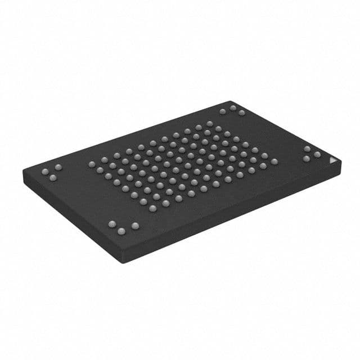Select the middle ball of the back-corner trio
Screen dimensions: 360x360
coord(232,107)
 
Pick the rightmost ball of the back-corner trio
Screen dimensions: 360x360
coord(241,113)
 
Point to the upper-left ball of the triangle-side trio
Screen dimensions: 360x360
coord(307,149)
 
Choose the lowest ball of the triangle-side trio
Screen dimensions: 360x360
coord(306,159)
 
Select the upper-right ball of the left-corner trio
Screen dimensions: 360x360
coord(58,167)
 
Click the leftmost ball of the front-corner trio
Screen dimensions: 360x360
coord(111,224)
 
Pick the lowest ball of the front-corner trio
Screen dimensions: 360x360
coord(121,231)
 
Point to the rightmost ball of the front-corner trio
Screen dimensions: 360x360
coord(135,226)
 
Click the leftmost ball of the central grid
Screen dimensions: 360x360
coord(92,164)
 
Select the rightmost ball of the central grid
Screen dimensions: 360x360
coord(274,161)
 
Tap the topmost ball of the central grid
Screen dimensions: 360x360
coord(209,123)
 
